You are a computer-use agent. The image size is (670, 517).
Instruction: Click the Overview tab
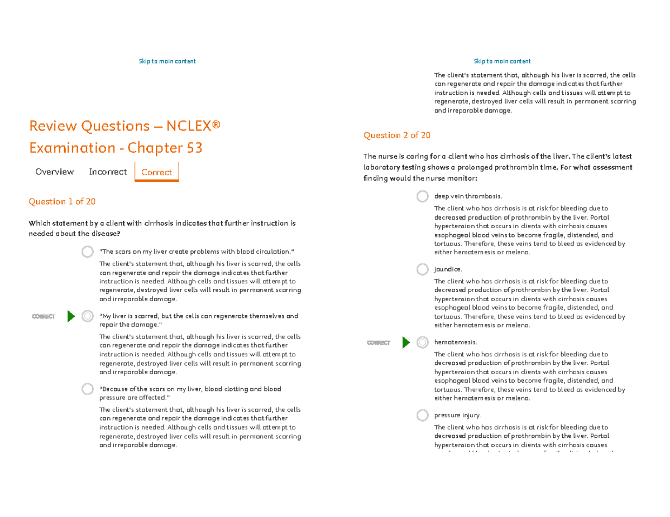(x=55, y=172)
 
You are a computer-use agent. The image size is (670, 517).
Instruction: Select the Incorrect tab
(x=108, y=172)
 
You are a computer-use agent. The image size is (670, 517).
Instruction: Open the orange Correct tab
(x=156, y=172)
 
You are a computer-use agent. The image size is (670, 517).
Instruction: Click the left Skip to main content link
(x=167, y=61)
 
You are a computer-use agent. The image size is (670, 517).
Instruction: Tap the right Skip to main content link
(x=502, y=61)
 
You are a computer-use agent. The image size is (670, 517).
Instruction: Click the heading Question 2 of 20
(x=396, y=135)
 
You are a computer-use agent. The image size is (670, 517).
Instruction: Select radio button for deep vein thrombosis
(x=423, y=196)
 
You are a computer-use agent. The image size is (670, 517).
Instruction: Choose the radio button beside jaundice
(x=423, y=269)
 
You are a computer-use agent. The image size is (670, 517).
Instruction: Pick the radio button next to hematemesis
(x=423, y=342)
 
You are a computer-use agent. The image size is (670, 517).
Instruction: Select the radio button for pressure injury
(x=423, y=415)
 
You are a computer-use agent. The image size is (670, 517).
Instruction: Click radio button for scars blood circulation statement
(x=88, y=252)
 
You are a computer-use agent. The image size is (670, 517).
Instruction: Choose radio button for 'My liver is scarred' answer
(x=88, y=316)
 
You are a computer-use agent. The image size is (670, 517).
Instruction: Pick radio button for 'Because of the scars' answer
(x=88, y=389)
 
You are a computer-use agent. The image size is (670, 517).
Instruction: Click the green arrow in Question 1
(x=71, y=317)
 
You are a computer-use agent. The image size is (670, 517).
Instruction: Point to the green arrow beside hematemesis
(x=406, y=342)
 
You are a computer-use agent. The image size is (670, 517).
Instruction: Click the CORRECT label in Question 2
(x=379, y=342)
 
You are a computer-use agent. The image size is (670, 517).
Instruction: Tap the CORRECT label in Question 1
(x=44, y=317)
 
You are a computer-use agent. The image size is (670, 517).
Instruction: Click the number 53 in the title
(x=192, y=148)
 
